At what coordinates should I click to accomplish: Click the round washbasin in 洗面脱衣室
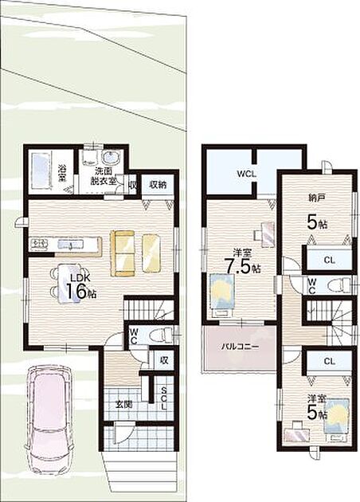click(x=111, y=158)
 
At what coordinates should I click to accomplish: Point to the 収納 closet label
click(x=158, y=185)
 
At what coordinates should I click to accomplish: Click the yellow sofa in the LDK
click(x=122, y=253)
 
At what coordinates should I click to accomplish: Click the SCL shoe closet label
click(x=164, y=398)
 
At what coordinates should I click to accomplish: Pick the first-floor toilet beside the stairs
click(x=161, y=335)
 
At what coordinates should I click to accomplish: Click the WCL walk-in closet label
click(x=246, y=175)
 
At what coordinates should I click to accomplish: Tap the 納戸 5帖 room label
click(x=317, y=212)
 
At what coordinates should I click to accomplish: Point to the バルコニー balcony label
click(x=240, y=347)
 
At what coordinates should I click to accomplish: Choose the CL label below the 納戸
click(x=329, y=261)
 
